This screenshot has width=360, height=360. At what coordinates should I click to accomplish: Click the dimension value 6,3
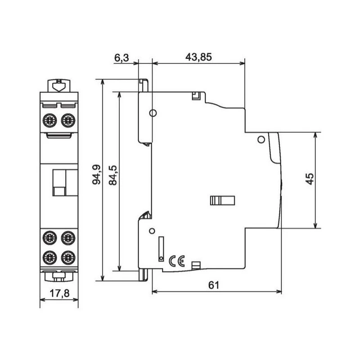tap(121, 58)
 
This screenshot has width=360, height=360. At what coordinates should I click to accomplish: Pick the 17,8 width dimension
tap(59, 293)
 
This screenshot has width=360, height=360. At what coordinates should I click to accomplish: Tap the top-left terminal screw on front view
tap(49, 120)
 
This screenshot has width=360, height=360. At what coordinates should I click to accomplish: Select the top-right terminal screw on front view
tap(67, 120)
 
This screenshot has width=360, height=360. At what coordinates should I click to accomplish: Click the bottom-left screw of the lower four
tap(49, 257)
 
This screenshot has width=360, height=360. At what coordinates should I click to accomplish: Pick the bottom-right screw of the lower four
tap(67, 257)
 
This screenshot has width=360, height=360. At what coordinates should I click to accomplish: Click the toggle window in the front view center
tap(59, 183)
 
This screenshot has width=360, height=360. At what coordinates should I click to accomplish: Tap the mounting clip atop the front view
tap(58, 85)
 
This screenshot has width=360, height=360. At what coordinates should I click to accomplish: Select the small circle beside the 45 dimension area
tap(260, 140)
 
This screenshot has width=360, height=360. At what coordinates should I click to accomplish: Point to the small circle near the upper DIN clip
tap(153, 113)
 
